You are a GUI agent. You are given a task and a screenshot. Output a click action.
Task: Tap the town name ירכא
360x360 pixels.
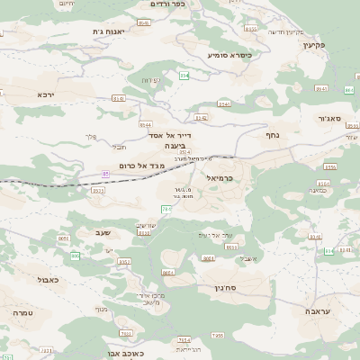coord(47,94)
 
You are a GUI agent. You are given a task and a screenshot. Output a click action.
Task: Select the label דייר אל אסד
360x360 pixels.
coord(165,135)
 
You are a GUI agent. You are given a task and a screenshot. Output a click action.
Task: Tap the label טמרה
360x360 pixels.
coord(23,312)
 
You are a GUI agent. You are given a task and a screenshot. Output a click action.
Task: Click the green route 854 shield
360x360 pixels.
coord(184,76)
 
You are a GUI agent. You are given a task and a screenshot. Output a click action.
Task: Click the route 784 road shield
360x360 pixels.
coord(217,336)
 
